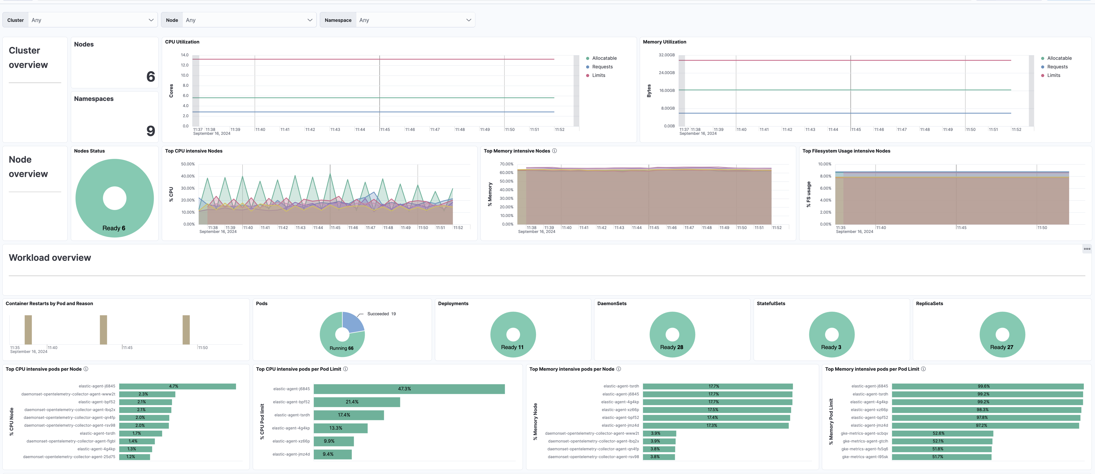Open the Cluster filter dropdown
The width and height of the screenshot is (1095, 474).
(91, 20)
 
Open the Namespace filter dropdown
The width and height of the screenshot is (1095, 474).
(414, 20)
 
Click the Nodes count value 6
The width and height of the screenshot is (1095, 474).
(150, 76)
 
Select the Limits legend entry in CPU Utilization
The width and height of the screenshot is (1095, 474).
(598, 75)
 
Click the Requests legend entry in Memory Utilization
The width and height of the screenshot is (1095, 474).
(1057, 67)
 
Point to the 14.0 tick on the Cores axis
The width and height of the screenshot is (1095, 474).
(184, 55)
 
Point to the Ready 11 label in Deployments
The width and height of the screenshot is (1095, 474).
(512, 347)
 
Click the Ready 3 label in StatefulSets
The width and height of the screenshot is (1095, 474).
(831, 347)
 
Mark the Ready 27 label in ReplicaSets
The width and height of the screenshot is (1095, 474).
(1001, 347)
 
